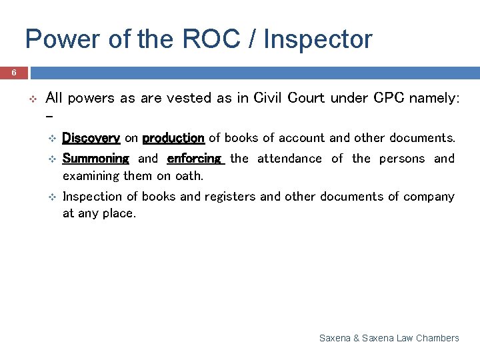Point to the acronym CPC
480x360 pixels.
(389, 98)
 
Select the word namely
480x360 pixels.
(434, 98)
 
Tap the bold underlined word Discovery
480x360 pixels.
(91, 138)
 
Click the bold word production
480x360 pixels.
(173, 138)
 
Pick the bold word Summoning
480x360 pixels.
(95, 159)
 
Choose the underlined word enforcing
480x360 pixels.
(194, 159)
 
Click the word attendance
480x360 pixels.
(289, 159)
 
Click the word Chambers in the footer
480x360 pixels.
(437, 338)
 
